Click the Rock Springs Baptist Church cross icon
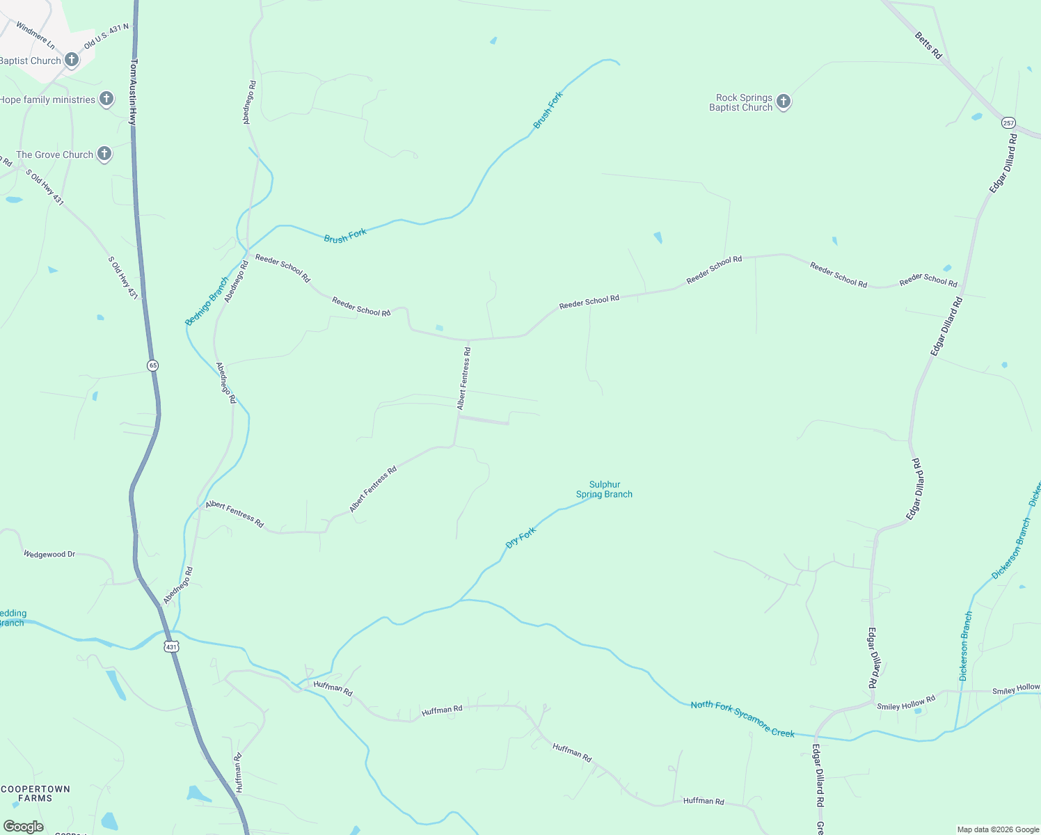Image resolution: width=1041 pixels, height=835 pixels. click(x=784, y=102)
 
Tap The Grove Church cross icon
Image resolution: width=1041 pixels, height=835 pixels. click(x=104, y=154)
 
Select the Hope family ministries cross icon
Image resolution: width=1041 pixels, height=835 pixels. click(x=106, y=99)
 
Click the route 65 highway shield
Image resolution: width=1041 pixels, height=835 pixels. click(x=153, y=365)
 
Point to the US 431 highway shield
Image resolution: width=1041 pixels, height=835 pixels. click(x=171, y=646)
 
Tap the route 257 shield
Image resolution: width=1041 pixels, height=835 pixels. click(x=1008, y=123)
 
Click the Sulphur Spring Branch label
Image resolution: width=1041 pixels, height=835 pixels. click(x=604, y=489)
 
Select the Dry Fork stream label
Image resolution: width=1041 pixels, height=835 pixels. click(x=521, y=537)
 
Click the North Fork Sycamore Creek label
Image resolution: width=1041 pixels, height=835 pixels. click(x=742, y=719)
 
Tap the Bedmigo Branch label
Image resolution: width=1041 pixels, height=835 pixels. click(x=207, y=301)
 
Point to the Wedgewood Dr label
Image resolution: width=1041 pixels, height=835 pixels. click(x=49, y=555)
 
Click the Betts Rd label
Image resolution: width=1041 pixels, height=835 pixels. click(x=928, y=45)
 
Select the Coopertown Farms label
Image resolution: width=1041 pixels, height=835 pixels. click(x=35, y=793)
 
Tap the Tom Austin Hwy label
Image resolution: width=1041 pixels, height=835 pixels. click(x=134, y=91)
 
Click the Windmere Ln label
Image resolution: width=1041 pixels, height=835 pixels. click(x=35, y=35)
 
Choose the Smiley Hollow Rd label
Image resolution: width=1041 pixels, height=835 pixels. click(x=906, y=702)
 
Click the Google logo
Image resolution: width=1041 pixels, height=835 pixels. click(x=24, y=827)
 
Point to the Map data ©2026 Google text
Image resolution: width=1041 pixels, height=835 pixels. click(x=998, y=829)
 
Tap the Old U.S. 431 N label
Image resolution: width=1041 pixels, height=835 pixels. click(x=106, y=36)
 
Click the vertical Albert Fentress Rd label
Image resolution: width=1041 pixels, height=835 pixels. click(x=464, y=378)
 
